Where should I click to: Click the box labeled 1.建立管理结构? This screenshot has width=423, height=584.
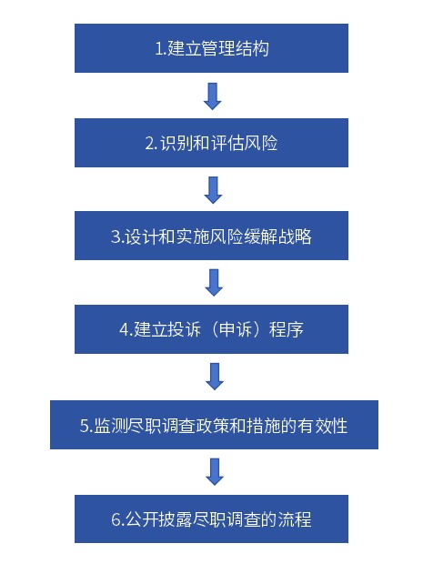[x=211, y=48]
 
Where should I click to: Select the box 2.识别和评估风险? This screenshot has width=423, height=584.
[x=211, y=143]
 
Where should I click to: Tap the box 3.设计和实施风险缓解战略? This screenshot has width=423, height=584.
[x=211, y=236]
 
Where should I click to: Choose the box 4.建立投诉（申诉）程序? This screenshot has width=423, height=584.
[x=211, y=329]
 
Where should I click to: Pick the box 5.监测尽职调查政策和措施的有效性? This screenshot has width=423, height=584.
[x=214, y=425]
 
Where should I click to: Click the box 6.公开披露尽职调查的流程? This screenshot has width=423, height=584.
[x=211, y=519]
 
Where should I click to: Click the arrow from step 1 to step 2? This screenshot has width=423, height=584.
[x=213, y=96]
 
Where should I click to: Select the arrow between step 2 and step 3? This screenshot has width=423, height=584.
[x=214, y=190]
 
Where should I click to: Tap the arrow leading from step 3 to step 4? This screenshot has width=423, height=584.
[x=214, y=283]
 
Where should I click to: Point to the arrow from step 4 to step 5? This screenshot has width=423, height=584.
[x=215, y=377]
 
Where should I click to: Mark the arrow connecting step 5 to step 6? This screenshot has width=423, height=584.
[x=215, y=471]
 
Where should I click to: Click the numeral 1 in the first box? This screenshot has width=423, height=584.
[x=159, y=49]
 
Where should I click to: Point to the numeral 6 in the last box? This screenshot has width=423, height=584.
[x=116, y=519]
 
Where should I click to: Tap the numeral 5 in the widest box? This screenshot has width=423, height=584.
[x=85, y=426]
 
